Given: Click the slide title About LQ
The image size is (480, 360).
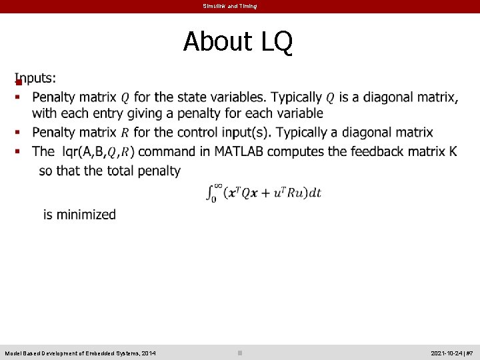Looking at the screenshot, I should point(238,41).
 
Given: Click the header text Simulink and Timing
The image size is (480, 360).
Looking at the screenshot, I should point(230,6).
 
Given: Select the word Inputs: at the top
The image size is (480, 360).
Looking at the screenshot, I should point(36,78).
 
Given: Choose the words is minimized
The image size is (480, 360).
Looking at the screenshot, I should point(79,215).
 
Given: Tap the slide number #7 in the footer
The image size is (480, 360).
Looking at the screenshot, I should point(469,353).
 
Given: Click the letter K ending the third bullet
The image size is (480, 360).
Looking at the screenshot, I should point(453,151).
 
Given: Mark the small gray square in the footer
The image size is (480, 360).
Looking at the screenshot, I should point(240,353).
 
